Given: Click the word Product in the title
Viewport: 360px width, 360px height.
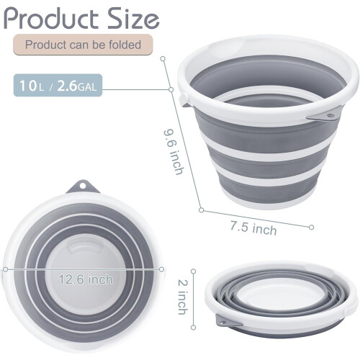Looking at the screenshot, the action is [51, 19].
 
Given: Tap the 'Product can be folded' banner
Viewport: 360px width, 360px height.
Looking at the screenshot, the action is [83, 45].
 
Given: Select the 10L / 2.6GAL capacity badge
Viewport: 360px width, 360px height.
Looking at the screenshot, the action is [58, 86].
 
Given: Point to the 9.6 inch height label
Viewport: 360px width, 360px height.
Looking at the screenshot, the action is [174, 152].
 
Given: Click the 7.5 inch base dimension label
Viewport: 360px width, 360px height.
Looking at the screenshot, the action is [253, 228].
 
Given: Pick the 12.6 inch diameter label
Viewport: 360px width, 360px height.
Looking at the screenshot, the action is [86, 279].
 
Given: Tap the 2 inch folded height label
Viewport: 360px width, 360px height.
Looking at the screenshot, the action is [182, 297].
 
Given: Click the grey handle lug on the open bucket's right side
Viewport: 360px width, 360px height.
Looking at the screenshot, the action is [323, 115].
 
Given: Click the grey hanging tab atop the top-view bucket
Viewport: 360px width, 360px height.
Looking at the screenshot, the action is [83, 187].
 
